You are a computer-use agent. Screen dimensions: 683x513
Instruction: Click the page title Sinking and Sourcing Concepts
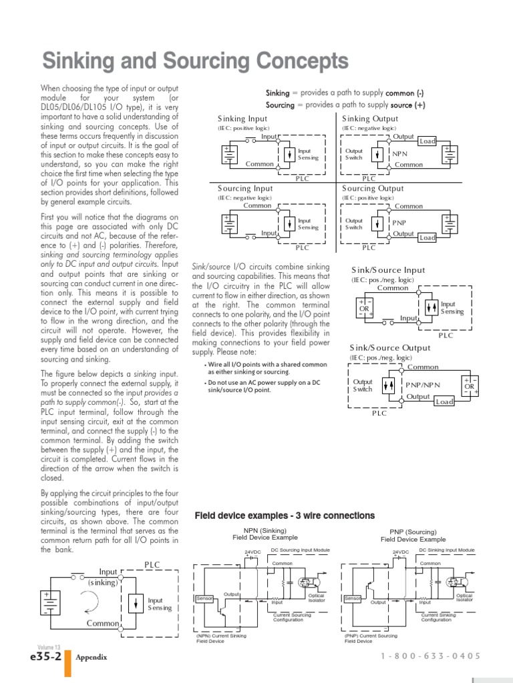(195, 62)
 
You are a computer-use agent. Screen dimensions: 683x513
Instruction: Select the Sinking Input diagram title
(238, 119)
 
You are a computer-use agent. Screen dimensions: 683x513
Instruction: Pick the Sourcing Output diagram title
(373, 189)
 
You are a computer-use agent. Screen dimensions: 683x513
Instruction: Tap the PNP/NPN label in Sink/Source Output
(423, 386)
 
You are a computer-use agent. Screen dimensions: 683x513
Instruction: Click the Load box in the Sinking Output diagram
(427, 141)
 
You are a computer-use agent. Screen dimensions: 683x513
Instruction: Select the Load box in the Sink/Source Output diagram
(444, 402)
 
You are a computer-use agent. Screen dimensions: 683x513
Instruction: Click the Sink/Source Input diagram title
(387, 270)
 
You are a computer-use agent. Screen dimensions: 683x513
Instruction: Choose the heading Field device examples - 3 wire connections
(285, 516)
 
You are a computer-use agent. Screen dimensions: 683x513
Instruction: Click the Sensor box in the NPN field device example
(204, 598)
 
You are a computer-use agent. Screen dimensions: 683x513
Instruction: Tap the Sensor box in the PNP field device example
(352, 598)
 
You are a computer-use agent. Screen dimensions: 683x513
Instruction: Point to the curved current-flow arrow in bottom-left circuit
(98, 604)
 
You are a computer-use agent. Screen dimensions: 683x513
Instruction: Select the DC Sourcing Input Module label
(301, 550)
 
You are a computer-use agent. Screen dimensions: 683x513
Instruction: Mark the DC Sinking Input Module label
(447, 550)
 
